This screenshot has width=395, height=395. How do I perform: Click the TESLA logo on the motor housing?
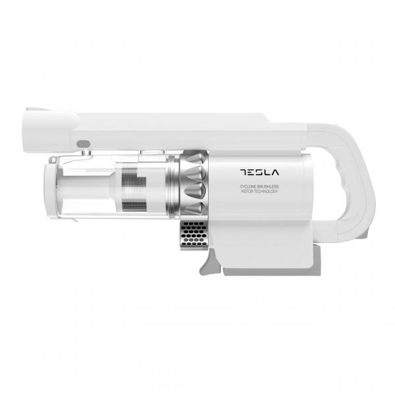click(259, 173)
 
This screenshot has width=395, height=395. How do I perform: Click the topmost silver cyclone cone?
click(196, 159)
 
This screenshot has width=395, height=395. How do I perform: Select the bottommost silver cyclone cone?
click(196, 208)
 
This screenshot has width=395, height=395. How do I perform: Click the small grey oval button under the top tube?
click(82, 144)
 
